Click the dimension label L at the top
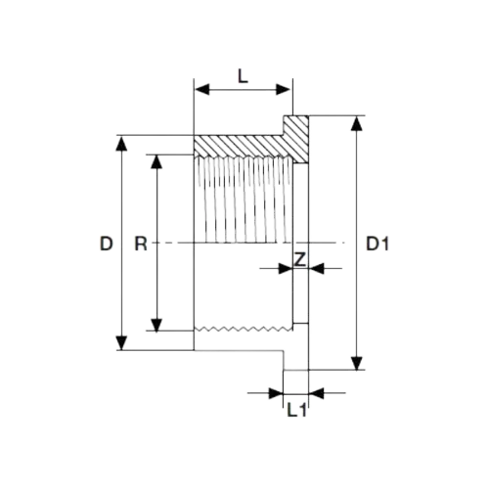[243, 77]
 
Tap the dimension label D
[107, 244]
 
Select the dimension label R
[141, 244]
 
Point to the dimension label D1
[378, 244]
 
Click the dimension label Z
[300, 259]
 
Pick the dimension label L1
[297, 410]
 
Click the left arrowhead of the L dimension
[202, 89]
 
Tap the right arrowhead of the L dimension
[283, 89]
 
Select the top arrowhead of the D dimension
[121, 144]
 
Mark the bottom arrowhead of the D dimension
[121, 342]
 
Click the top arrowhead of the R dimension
[156, 161]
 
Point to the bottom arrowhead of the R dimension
[156, 325]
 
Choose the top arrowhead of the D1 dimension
[357, 123]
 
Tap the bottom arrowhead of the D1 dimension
[357, 363]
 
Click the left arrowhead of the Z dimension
[286, 269]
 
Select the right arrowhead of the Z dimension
[316, 269]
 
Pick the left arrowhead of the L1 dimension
[276, 393]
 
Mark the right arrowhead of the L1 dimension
[316, 393]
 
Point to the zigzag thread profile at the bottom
[244, 329]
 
